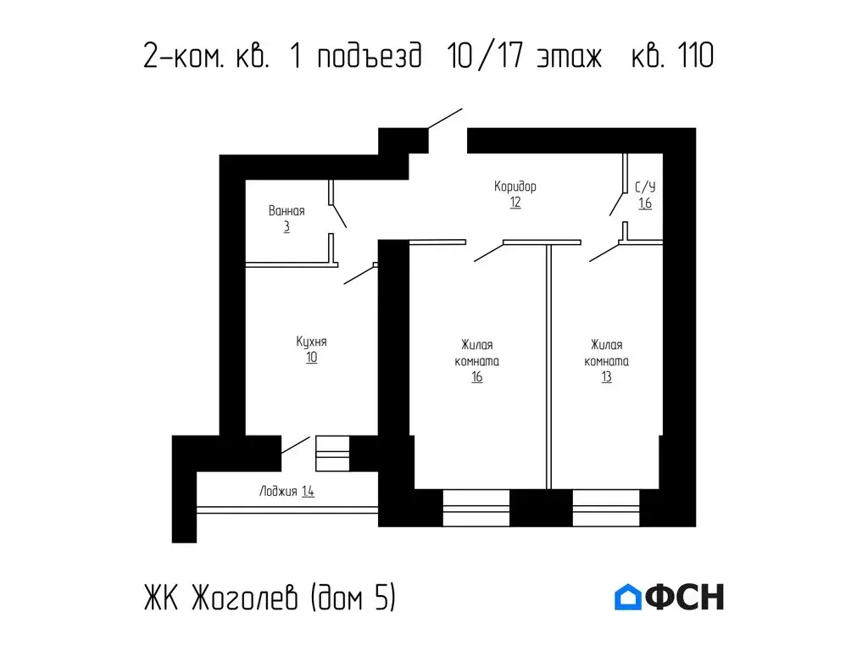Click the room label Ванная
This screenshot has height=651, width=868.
(x=286, y=211)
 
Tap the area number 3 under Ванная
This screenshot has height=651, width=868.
(x=287, y=227)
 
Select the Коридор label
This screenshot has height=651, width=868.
(x=515, y=186)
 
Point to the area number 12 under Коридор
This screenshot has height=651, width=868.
(x=515, y=203)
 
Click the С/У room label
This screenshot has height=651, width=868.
(x=645, y=186)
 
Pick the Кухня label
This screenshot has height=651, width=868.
(x=311, y=342)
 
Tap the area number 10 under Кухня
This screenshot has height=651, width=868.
(x=312, y=358)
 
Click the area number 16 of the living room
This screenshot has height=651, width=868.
(x=478, y=377)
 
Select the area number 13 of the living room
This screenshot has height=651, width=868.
(x=607, y=377)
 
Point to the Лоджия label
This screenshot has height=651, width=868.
(x=278, y=491)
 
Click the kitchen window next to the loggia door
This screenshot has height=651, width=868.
(x=332, y=453)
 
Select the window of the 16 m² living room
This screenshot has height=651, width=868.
(x=476, y=508)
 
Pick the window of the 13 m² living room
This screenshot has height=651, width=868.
(x=606, y=508)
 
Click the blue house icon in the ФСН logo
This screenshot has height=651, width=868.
(x=627, y=597)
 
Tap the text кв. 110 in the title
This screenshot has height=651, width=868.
(x=672, y=57)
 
